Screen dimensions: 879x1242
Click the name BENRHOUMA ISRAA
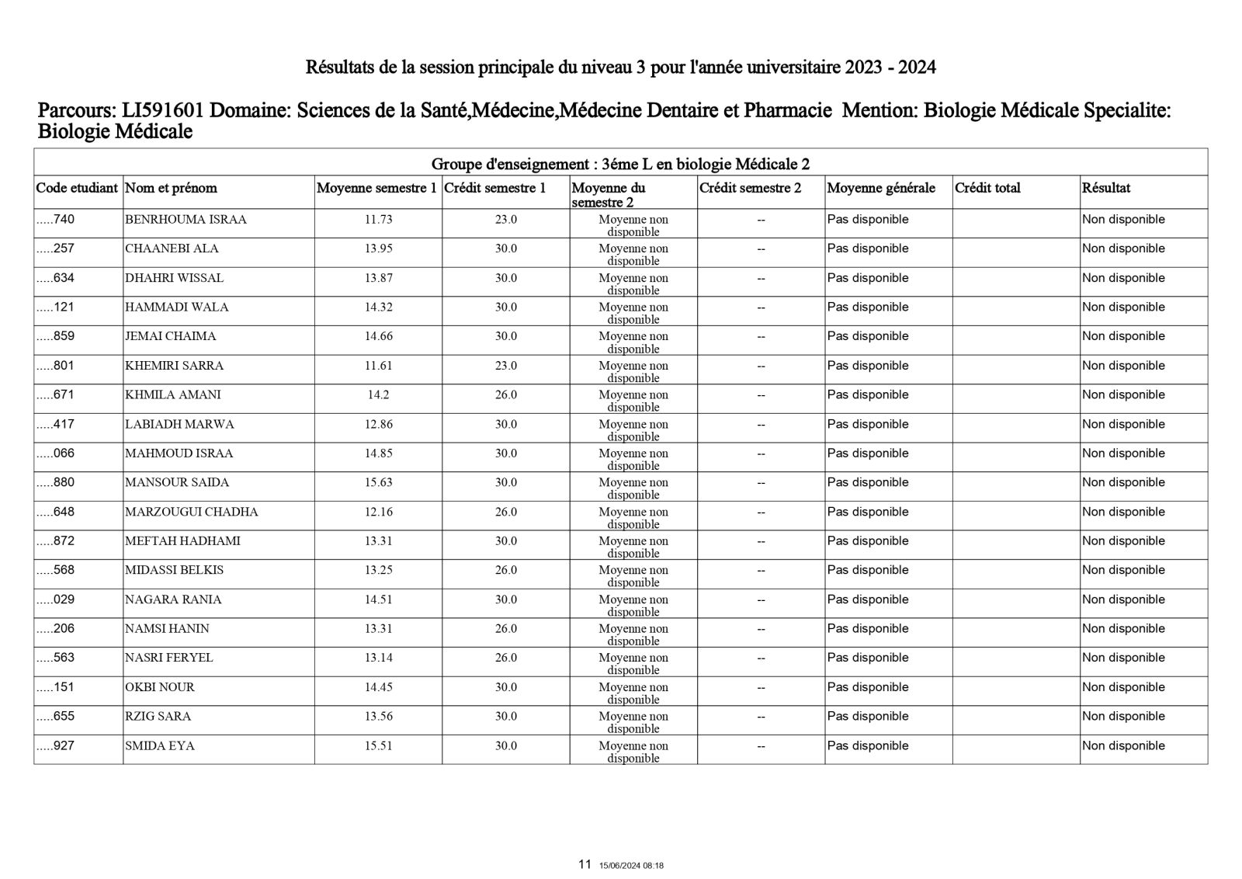(186, 220)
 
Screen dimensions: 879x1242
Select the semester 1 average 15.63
(378, 483)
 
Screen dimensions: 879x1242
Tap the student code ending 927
(56, 746)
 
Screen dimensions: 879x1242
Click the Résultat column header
(1106, 188)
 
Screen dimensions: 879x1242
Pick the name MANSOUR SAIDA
(177, 483)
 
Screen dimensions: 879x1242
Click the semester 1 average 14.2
(378, 395)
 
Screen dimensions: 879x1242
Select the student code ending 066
(56, 453)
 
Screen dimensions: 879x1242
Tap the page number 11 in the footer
(585, 864)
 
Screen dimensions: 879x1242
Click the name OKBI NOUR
(160, 687)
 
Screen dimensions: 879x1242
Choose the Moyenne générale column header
(881, 188)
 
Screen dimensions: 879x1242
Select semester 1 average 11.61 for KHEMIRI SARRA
(378, 366)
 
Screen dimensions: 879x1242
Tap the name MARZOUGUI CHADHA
(192, 512)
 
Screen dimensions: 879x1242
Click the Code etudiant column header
(77, 188)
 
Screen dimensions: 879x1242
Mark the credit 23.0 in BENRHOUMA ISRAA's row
(506, 220)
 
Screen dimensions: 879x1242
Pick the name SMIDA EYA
(160, 746)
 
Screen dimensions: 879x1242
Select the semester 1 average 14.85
(378, 453)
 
